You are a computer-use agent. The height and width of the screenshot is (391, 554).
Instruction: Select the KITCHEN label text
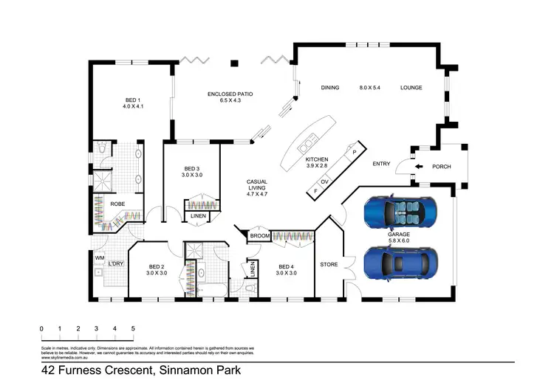coord(316,159)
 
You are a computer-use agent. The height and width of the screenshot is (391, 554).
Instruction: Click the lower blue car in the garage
coord(400,261)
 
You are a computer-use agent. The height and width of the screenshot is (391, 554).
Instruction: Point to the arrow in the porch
coord(420,167)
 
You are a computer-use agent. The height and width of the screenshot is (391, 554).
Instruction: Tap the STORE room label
coord(329,264)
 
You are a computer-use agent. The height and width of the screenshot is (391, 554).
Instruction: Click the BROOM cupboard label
coord(259,236)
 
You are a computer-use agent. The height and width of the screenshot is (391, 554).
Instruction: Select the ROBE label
coord(117,204)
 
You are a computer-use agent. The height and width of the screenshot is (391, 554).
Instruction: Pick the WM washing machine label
coord(99,257)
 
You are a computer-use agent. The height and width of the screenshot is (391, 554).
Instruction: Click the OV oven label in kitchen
coord(324,181)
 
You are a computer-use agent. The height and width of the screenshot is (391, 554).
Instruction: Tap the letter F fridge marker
coord(315,191)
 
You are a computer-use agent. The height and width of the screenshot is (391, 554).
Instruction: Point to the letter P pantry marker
coord(355,152)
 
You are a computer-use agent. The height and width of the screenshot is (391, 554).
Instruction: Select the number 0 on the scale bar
coord(42,328)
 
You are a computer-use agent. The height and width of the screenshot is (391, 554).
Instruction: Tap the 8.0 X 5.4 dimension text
coord(370,88)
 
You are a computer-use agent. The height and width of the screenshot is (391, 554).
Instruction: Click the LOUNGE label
coord(411,88)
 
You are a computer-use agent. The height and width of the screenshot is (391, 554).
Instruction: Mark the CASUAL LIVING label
coord(257,186)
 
